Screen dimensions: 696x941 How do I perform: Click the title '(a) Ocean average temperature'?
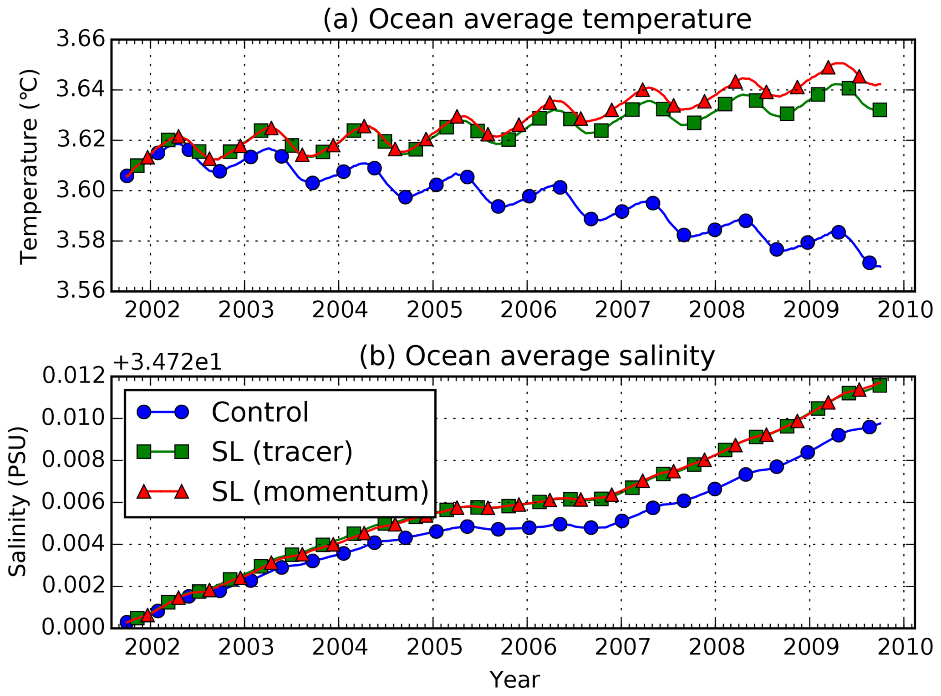point(537,20)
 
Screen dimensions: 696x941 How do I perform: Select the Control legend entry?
point(260,412)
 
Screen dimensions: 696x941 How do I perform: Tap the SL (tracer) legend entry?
point(282,452)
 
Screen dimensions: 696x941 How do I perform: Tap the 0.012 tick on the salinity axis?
point(73,377)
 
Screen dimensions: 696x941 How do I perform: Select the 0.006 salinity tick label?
point(73,502)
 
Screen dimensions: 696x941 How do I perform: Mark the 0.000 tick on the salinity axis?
point(73,628)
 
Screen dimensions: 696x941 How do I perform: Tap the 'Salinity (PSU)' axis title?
point(18,502)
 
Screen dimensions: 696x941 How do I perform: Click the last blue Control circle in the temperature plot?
point(870,263)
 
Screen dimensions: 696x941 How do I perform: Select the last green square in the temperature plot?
point(880,110)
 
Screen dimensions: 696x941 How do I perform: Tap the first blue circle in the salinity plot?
point(127,622)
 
